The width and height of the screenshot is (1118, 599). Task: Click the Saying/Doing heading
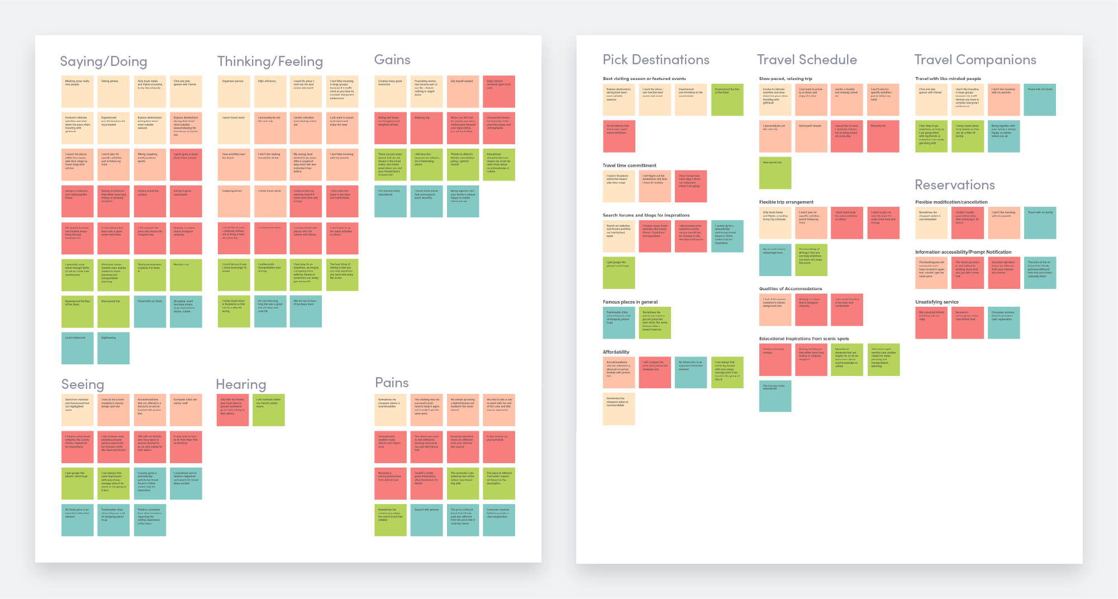click(103, 61)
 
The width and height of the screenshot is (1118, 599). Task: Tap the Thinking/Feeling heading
click(270, 61)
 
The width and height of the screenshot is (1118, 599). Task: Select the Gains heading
click(392, 60)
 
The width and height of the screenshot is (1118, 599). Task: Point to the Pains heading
click(392, 383)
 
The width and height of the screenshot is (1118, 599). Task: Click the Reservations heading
click(955, 185)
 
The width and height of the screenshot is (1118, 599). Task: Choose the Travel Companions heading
click(975, 60)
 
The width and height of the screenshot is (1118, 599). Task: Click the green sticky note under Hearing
click(268, 410)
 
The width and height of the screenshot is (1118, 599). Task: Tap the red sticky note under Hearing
click(232, 410)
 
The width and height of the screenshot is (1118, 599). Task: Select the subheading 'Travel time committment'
click(629, 165)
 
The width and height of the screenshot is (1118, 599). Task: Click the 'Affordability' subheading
click(616, 352)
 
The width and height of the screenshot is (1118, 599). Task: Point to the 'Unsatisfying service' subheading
click(936, 302)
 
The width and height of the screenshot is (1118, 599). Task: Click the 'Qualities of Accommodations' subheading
click(790, 289)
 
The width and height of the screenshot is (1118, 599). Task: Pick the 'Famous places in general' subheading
click(630, 302)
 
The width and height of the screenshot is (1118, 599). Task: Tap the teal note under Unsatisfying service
click(1003, 322)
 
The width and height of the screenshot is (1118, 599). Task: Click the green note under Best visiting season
click(727, 99)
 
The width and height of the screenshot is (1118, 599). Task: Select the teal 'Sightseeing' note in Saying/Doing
click(113, 348)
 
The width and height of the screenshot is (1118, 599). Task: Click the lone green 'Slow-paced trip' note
click(775, 173)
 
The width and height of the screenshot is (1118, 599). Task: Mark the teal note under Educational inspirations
click(775, 396)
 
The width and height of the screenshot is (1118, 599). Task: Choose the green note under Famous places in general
click(655, 322)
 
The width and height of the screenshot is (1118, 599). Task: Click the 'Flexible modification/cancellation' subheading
click(951, 202)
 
